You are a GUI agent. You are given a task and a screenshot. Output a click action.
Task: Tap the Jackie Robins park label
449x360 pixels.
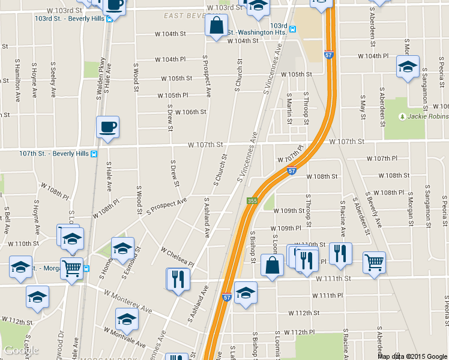point(428,116)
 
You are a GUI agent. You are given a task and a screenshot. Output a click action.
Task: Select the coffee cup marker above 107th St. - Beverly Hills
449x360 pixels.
point(107,127)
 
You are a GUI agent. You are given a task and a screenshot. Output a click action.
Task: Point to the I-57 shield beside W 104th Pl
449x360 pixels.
point(328,55)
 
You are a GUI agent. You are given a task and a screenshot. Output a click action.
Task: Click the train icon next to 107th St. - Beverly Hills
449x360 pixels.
point(94,154)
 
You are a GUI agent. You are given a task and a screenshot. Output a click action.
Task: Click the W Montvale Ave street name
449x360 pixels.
point(124,337)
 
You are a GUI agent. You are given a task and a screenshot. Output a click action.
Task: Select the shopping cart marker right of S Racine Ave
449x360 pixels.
point(374,262)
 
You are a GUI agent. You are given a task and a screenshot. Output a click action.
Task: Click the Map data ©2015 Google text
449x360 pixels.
point(412,356)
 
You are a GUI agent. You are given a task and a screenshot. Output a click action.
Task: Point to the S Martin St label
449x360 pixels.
point(289,108)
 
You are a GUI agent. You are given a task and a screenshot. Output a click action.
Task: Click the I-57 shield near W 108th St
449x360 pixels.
point(291,171)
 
